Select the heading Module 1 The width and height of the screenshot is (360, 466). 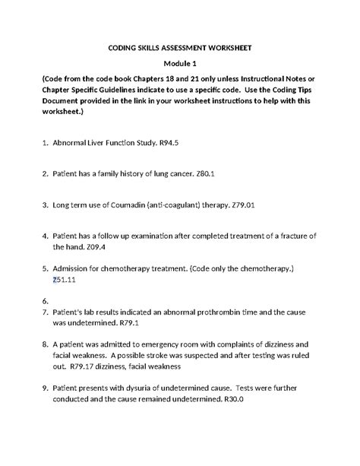[x=179, y=65]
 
